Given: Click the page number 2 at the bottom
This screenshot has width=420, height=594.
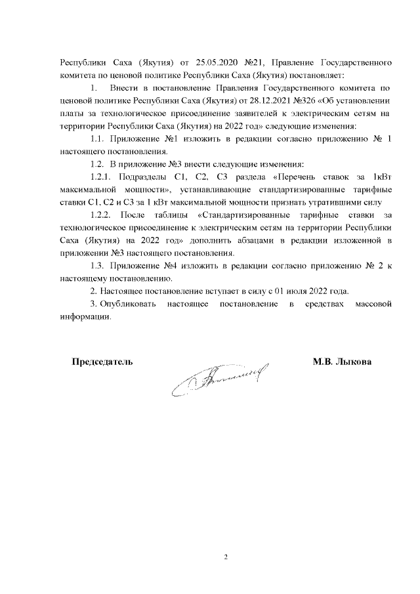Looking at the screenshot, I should [x=225, y=558].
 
